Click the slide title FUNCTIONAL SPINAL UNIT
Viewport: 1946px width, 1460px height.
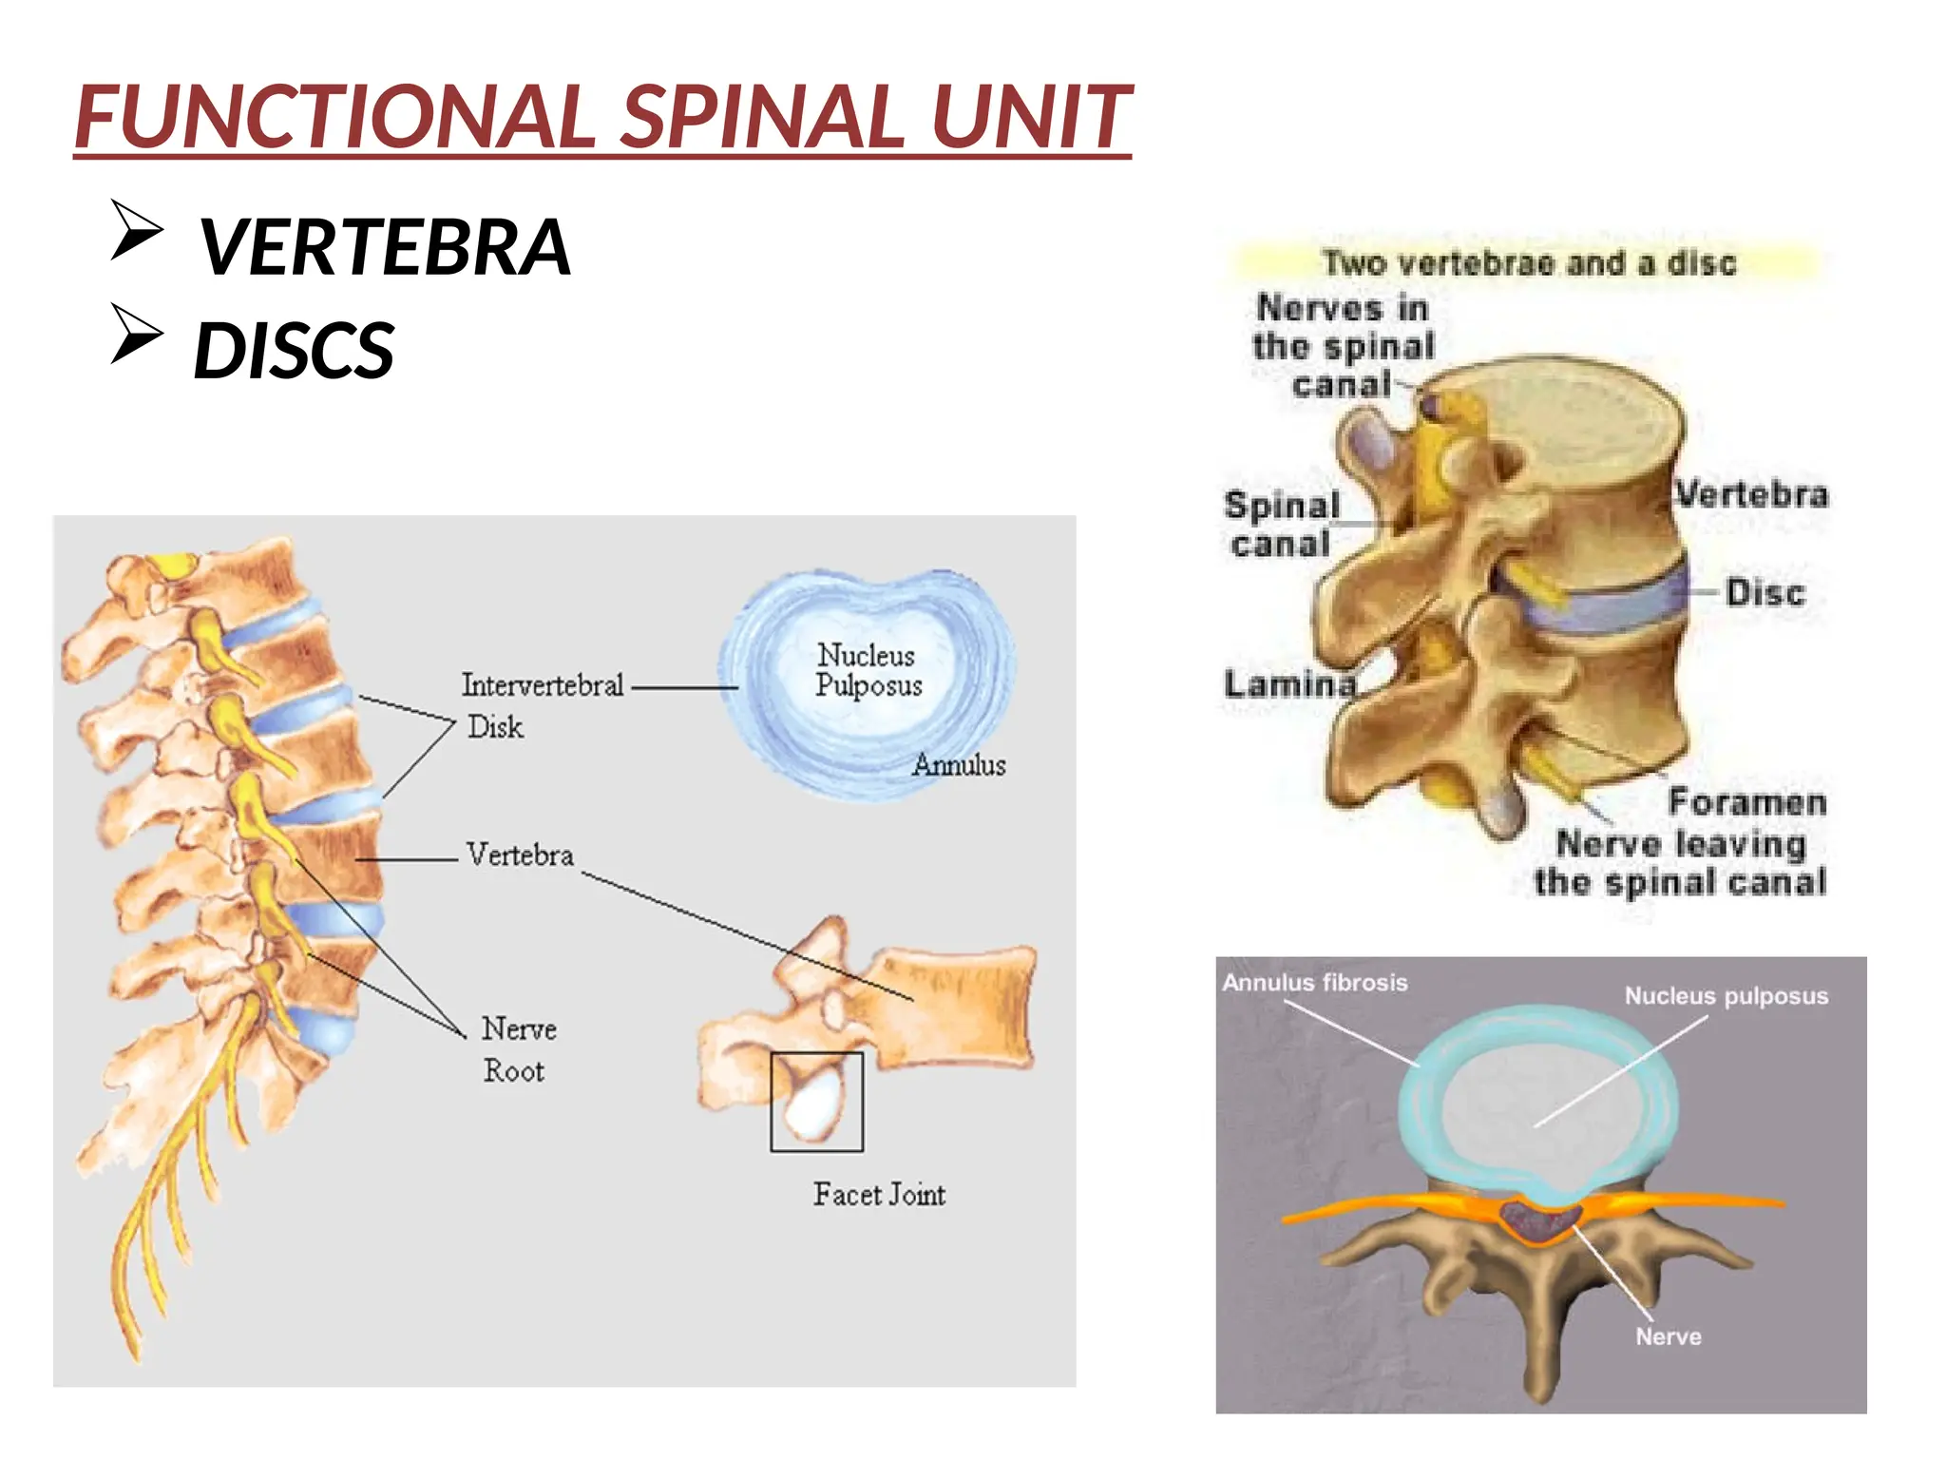602,117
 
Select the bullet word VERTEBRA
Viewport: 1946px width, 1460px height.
384,247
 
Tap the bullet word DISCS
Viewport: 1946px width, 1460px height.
294,350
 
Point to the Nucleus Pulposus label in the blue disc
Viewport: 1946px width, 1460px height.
868,670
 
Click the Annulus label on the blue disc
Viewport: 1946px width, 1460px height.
958,765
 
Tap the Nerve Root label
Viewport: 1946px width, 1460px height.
518,1049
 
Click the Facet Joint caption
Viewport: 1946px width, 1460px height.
879,1195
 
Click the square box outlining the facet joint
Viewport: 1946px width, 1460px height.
816,1102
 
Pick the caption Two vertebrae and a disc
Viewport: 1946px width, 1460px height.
1528,263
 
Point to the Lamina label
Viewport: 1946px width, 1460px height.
1288,684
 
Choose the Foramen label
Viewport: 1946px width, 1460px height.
1746,802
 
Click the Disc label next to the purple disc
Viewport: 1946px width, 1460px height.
1765,593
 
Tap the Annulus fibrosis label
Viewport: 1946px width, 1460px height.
1314,983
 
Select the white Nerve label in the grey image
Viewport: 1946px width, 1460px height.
1668,1336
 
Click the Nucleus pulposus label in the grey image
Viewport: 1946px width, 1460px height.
1726,996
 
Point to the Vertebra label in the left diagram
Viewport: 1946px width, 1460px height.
520,855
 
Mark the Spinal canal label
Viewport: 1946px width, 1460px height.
1281,525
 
